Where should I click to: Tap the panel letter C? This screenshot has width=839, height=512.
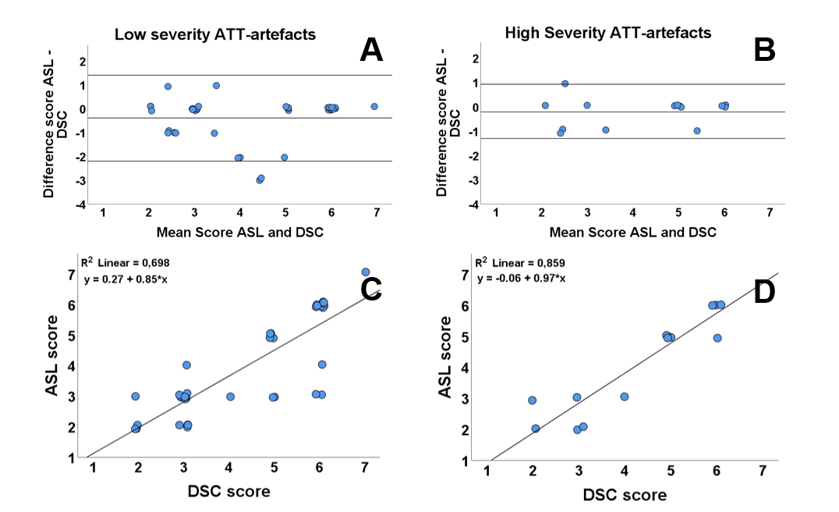371,289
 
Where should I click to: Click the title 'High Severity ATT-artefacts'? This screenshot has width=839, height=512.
608,33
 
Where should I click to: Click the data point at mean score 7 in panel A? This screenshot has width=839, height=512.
374,106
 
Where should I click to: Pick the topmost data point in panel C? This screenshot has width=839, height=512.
365,272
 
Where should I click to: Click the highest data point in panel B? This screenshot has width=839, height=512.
565,84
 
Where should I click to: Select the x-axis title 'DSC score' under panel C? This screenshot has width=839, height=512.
228,492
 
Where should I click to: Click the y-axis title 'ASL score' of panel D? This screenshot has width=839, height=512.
446,357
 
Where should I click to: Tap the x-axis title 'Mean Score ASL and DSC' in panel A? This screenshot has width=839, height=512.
239,232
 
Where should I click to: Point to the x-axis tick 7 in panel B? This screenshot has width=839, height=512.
770,212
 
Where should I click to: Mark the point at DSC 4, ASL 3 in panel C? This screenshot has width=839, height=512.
231,396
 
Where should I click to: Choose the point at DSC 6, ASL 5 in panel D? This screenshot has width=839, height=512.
717,338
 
